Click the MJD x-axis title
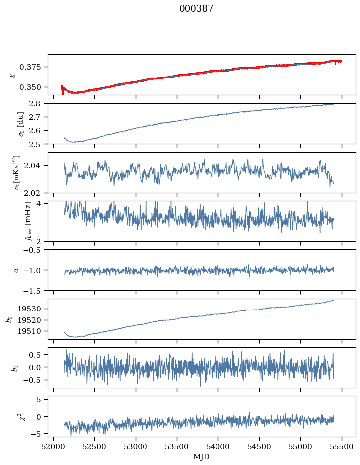[x=202, y=457]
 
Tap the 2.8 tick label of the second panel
[x=38, y=103]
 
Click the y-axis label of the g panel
[x=12, y=75]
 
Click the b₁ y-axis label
[x=9, y=368]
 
